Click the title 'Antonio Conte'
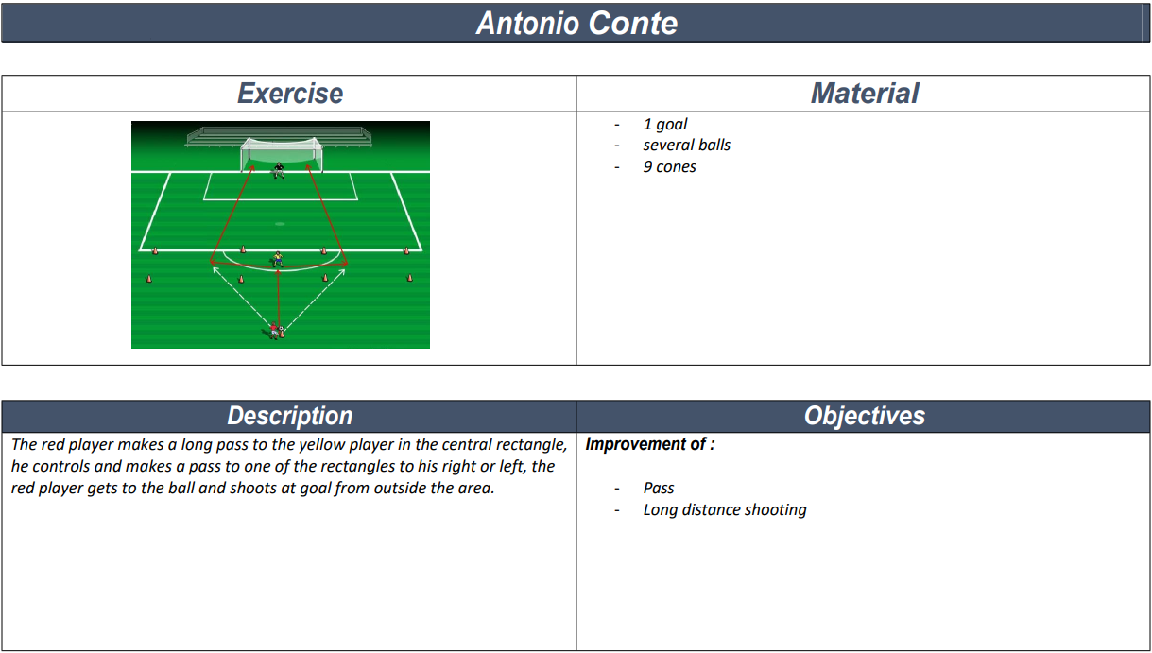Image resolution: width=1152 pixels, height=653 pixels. tap(576, 23)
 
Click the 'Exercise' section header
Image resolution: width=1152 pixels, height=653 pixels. tap(290, 94)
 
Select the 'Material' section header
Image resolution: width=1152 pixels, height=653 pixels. tap(864, 94)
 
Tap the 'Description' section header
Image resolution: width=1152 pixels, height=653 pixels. tap(290, 417)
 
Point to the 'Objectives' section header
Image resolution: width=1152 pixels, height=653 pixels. tap(864, 417)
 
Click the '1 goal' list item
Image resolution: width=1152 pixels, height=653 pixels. tap(665, 124)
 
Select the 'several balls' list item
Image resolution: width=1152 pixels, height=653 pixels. tap(686, 145)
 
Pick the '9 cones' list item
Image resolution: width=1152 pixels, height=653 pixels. tap(669, 166)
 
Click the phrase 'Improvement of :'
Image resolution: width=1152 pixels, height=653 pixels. tap(650, 444)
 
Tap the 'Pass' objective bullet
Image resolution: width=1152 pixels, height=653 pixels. tap(659, 488)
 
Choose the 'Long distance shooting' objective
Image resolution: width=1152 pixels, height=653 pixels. tap(725, 509)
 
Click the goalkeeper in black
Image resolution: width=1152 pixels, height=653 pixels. tap(279, 170)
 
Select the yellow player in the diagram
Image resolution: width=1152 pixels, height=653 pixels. tap(278, 258)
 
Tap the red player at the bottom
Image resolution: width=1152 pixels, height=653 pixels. tap(274, 330)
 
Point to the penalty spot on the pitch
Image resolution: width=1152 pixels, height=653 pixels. tap(280, 224)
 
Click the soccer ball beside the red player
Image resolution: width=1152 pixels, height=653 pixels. tap(282, 332)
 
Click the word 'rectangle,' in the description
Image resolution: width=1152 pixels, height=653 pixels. tap(536, 445)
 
